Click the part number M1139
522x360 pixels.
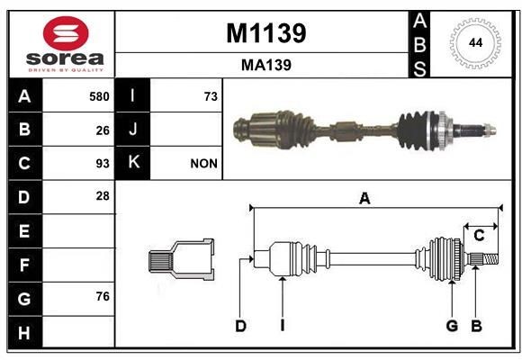point(265,33)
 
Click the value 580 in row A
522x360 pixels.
point(99,96)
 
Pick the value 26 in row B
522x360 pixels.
point(103,130)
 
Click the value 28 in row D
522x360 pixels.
point(103,196)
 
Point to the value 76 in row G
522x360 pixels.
point(103,297)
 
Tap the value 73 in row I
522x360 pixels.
point(211,96)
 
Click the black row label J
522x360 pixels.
point(133,130)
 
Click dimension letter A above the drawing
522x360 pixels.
point(364,199)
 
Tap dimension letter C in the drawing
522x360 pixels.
point(479,235)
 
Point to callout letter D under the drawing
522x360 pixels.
point(240,326)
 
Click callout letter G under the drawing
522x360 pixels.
point(452,326)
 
